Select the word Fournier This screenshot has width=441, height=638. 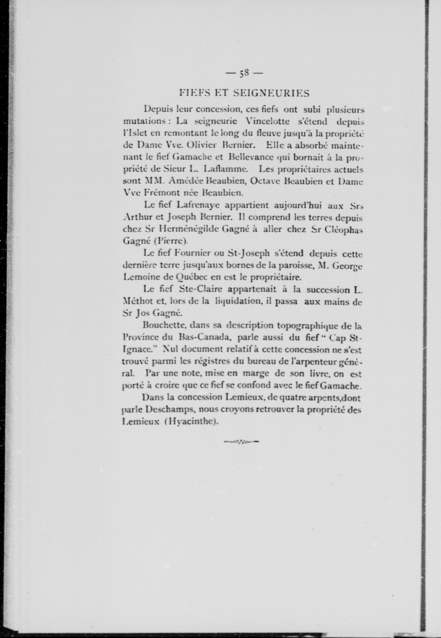pos(194,253)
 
